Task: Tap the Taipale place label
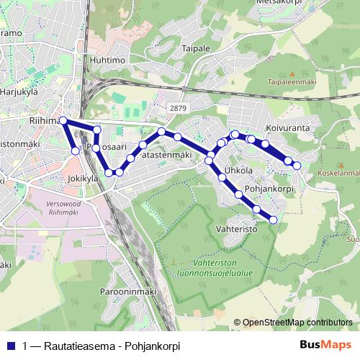click(196, 48)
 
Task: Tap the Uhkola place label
click(238, 171)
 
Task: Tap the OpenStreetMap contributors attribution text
click(297, 323)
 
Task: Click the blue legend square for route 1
click(11, 345)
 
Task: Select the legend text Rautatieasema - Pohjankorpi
click(102, 345)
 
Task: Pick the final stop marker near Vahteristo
click(273, 220)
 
